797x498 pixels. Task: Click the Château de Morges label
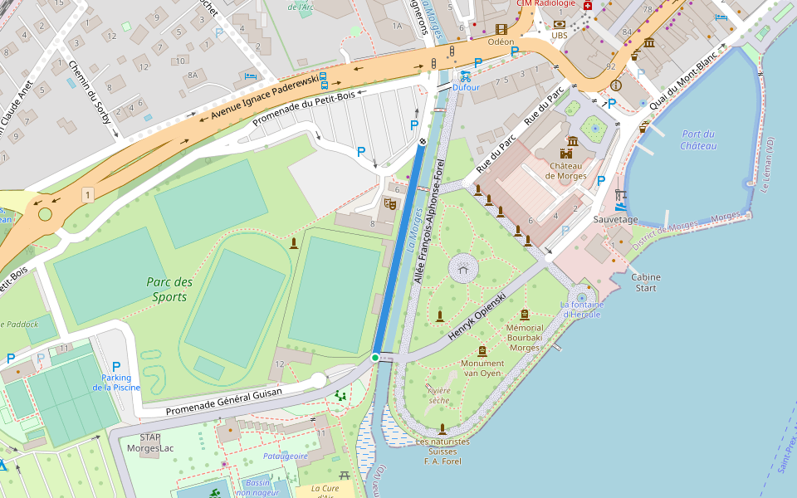(566, 170)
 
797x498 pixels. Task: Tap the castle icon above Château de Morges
(567, 154)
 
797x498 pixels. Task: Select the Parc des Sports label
(169, 289)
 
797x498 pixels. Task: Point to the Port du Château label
(697, 139)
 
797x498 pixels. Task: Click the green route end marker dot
(375, 358)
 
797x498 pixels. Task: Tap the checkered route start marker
(423, 142)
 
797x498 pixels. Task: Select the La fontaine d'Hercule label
(582, 309)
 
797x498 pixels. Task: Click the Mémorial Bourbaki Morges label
(524, 338)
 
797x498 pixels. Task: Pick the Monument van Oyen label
(482, 368)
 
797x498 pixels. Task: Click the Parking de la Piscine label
(116, 383)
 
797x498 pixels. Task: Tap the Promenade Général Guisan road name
(223, 401)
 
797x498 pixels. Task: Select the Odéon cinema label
(501, 41)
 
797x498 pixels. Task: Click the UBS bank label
(560, 36)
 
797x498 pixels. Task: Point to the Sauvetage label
(615, 219)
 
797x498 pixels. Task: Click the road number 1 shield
(87, 194)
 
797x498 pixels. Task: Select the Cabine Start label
(645, 282)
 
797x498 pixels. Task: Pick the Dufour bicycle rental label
(466, 86)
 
